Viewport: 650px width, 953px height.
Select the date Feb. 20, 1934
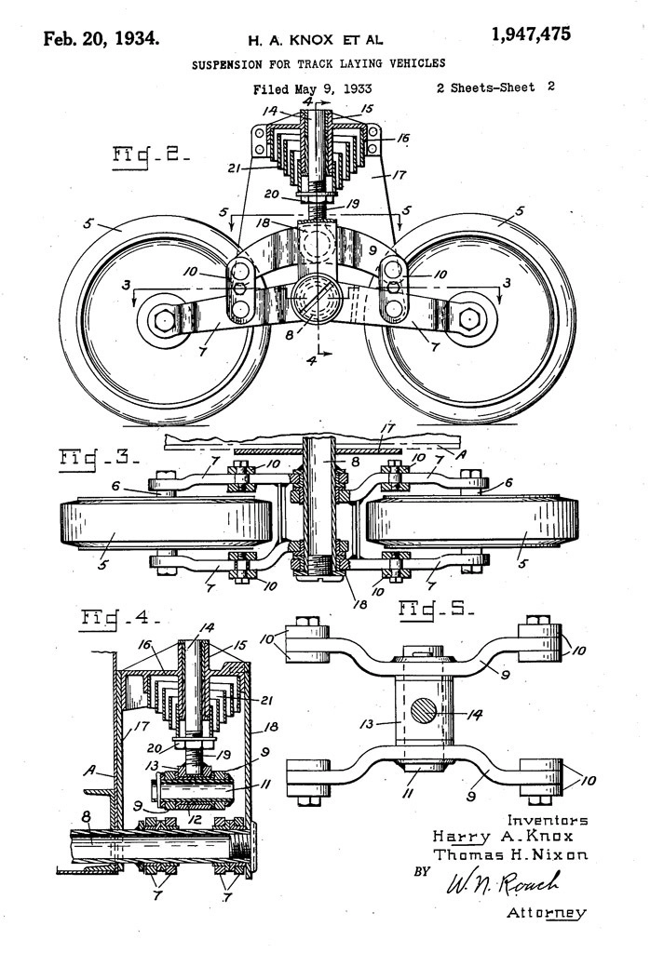click(x=102, y=38)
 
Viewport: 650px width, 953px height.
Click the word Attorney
click(x=547, y=913)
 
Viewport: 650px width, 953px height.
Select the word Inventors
click(x=547, y=820)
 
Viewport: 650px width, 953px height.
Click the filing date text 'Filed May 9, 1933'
click(x=312, y=89)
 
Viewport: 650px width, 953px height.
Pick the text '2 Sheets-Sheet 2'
click(x=495, y=87)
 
